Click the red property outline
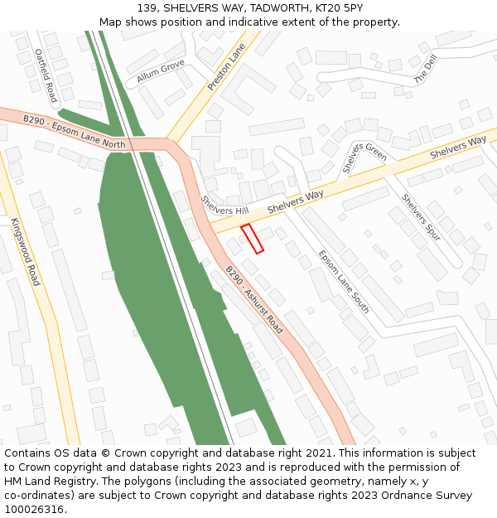tap(252, 239)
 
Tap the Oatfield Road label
tap(45, 75)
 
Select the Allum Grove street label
tap(161, 71)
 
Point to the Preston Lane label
tap(226, 66)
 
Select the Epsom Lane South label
tap(344, 283)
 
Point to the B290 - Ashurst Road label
tap(254, 299)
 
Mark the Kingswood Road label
tap(25, 252)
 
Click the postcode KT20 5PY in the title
tap(340, 7)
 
